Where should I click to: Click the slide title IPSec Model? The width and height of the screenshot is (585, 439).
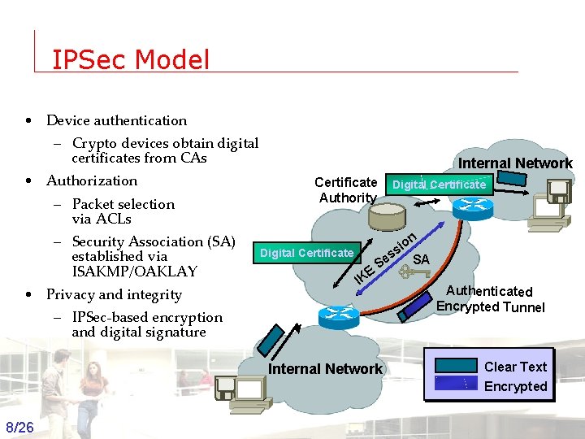pos(130,59)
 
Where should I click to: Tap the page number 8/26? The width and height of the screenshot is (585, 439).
pos(19,428)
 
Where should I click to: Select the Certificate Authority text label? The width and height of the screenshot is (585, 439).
pos(347,189)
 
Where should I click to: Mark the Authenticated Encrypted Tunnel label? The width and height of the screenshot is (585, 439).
pos(490,298)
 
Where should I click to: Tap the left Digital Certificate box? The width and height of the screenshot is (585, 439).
pos(306,253)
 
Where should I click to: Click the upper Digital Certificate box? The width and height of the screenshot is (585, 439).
pos(439,185)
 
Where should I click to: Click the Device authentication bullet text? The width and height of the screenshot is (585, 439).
pos(116,120)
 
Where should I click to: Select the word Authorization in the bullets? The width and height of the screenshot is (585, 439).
pos(92,180)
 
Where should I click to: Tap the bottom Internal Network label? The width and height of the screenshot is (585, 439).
pos(325,369)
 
